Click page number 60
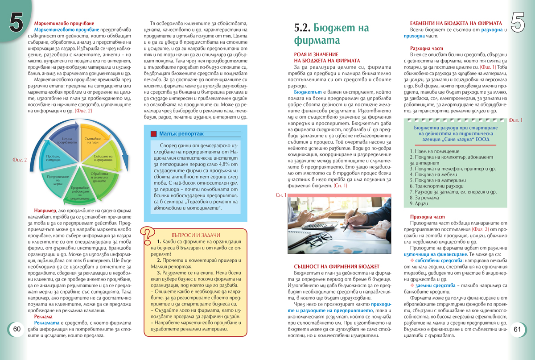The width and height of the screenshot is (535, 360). [17, 329]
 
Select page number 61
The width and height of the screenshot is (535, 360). [517, 329]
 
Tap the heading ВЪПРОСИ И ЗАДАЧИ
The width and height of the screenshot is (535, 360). [196, 235]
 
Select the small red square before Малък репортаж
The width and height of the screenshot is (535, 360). [154, 133]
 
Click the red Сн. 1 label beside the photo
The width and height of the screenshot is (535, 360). [281, 195]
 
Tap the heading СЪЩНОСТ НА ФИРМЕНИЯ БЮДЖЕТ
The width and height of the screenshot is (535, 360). [331, 266]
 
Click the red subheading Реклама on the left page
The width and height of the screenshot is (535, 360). [43, 317]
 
